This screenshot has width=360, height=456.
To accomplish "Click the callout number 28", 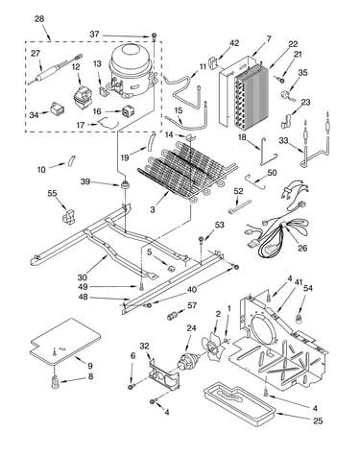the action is (x=39, y=19).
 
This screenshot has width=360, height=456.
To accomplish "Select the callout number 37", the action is (x=94, y=34).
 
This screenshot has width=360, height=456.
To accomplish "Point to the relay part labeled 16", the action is (x=128, y=112).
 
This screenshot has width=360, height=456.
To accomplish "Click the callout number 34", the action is (x=35, y=114).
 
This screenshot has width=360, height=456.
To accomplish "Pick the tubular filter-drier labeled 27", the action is (x=55, y=70).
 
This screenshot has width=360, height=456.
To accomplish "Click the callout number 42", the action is (x=234, y=43).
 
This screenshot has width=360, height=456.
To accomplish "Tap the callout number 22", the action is (x=293, y=44).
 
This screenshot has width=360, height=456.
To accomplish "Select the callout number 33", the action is (x=283, y=140).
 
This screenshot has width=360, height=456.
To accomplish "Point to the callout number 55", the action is (x=52, y=193).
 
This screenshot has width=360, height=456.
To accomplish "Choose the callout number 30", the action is (x=83, y=277).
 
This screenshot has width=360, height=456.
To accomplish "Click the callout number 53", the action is (x=220, y=225).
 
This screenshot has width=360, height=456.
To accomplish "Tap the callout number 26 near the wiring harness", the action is (x=302, y=248).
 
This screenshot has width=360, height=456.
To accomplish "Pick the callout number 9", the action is (x=90, y=365).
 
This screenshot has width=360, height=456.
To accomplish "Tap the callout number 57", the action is (x=192, y=305).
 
